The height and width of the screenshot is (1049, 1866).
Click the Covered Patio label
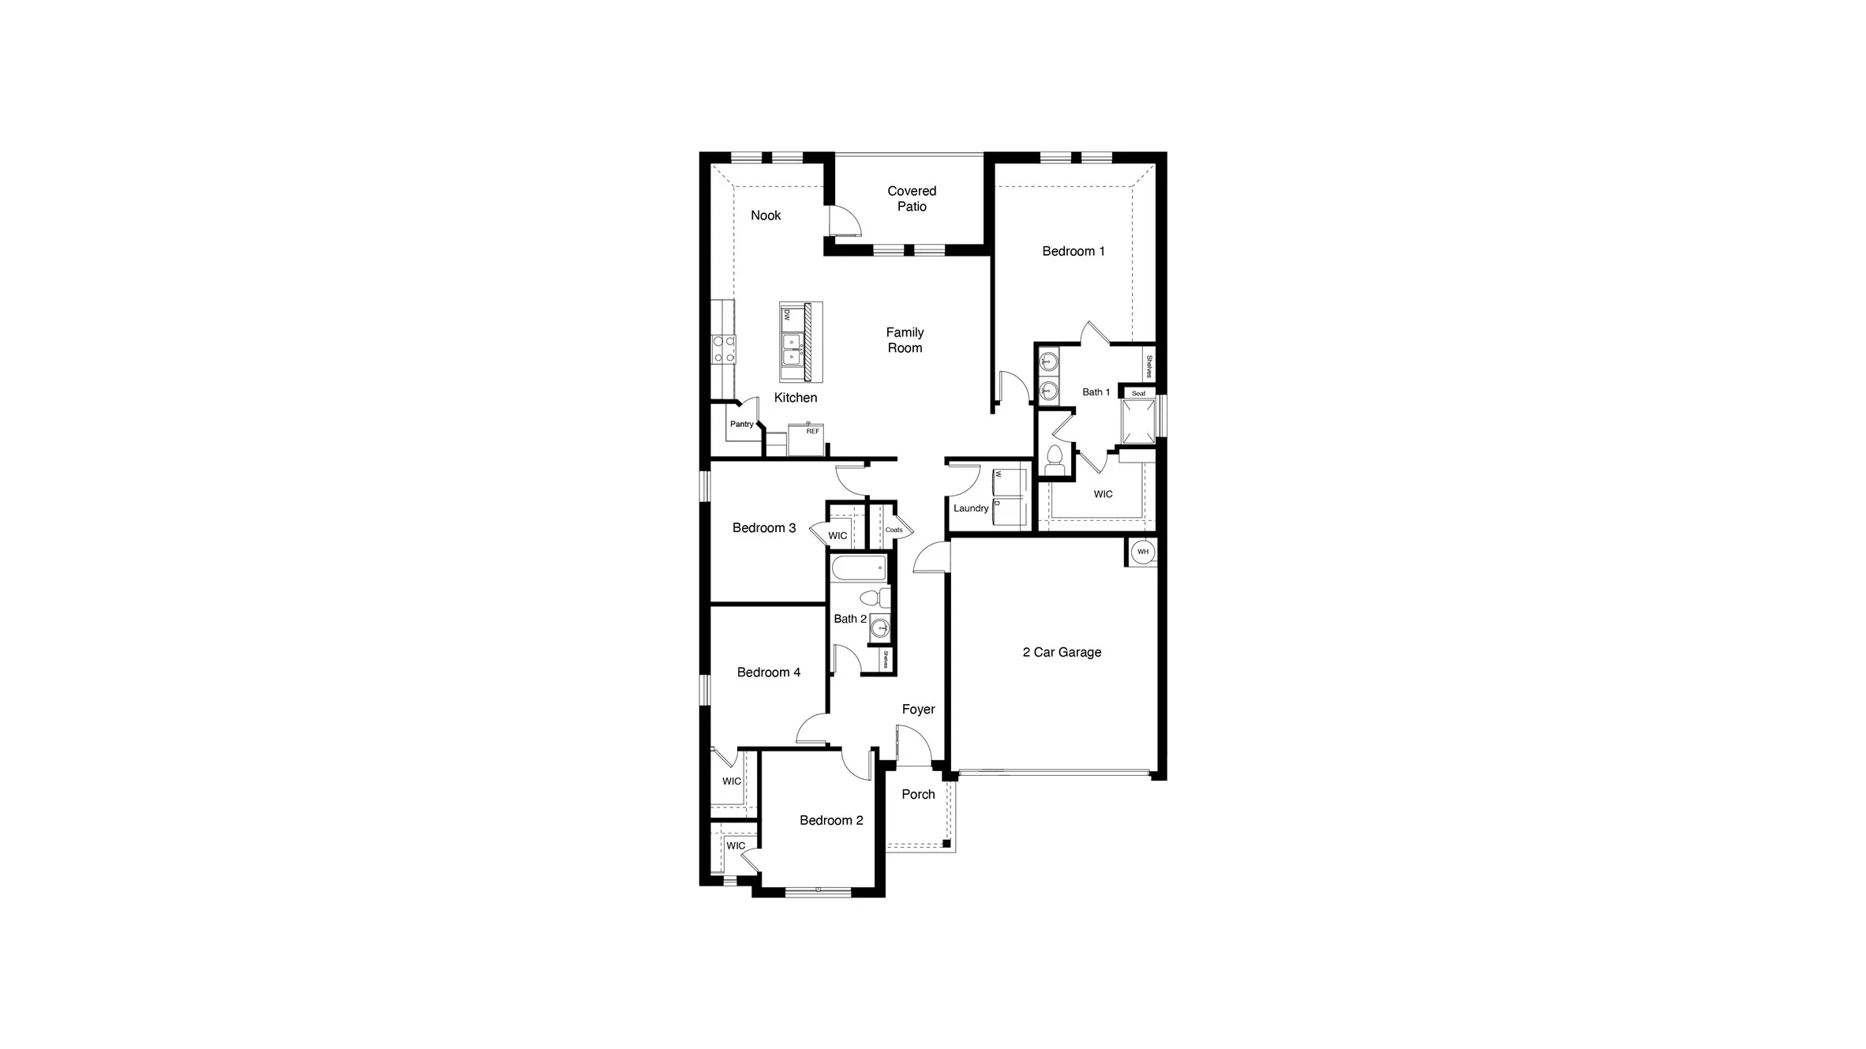pos(911,198)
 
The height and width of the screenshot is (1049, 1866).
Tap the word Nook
pos(765,215)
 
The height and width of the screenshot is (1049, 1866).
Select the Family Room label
pos(904,340)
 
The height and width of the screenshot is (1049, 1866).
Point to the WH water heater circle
pos(1142,552)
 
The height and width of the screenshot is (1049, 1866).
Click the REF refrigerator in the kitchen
pos(807,440)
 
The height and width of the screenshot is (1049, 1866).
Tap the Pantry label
pos(741,425)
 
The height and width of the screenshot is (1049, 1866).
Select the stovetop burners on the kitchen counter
pos(171,349)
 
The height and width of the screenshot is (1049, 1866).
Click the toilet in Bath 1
pos(1055,460)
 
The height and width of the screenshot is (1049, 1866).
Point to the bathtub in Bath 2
pos(859,568)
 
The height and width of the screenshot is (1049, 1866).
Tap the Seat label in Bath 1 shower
pos(1138,393)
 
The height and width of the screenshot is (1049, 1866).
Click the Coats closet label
pos(894,530)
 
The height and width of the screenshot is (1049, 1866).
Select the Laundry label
pos(970,508)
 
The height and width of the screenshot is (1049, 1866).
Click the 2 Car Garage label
pos(1061,652)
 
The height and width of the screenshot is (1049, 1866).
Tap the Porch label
pos(918,794)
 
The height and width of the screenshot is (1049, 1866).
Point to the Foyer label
pos(918,710)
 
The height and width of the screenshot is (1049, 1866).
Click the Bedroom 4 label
pos(768,672)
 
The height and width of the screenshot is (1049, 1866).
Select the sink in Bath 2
pos(880,628)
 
